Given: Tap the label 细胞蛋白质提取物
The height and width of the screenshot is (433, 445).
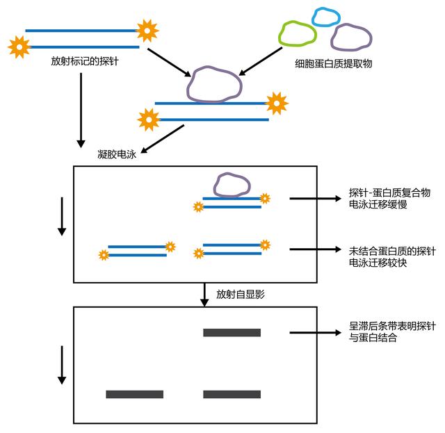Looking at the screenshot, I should click(x=334, y=63).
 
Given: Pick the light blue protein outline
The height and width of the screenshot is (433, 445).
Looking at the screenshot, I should click(x=325, y=17).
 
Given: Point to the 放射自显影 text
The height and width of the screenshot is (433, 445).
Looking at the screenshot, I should click(x=238, y=294).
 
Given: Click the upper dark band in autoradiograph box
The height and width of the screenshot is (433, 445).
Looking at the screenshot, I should click(x=232, y=333).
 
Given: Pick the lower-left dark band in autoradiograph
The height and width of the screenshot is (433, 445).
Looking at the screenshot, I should click(x=134, y=394).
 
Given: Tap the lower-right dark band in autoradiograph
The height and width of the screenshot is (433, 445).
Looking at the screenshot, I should click(x=232, y=394).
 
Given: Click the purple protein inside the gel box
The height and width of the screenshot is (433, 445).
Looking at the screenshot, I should click(x=232, y=185).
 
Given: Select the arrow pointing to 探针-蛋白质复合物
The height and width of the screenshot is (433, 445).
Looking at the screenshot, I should click(x=316, y=199).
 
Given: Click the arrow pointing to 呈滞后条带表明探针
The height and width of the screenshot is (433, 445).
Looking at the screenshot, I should click(x=316, y=333).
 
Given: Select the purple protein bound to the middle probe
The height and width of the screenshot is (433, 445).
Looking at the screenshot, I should click(x=215, y=83).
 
